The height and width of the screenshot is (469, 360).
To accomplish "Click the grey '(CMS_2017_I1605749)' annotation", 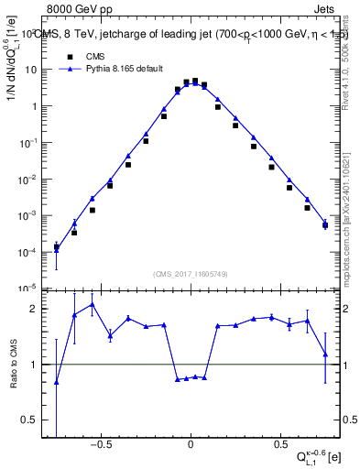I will pyautogui.click(x=191, y=275).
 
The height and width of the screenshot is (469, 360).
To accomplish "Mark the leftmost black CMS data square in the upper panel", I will pyautogui.click(x=57, y=246).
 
